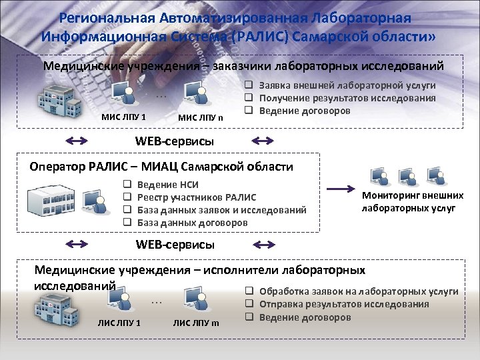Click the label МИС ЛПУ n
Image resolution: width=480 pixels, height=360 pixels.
pyautogui.click(x=201, y=119)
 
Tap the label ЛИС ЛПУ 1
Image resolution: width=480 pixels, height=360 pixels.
pyautogui.click(x=119, y=324)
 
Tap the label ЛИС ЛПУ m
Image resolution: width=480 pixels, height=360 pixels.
pyautogui.click(x=196, y=324)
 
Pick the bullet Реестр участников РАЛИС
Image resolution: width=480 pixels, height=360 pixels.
pyautogui.click(x=196, y=197)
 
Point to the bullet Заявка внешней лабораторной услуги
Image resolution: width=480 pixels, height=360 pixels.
pyautogui.click(x=347, y=85)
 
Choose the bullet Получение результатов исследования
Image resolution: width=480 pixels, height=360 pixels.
pyautogui.click(x=347, y=97)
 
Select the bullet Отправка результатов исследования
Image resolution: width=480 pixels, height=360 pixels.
pyautogui.click(x=344, y=304)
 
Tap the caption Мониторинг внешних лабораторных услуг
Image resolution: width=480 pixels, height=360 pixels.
pyautogui.click(x=412, y=201)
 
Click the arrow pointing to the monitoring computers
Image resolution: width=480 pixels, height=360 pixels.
pyautogui.click(x=344, y=187)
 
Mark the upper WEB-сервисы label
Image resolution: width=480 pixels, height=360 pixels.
pyautogui.click(x=175, y=141)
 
